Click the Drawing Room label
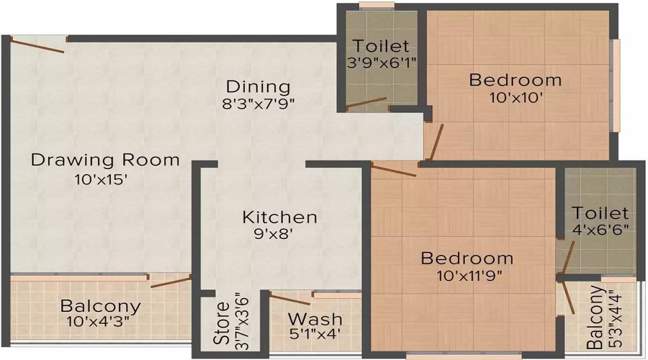(x=105, y=159)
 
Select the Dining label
(x=256, y=86)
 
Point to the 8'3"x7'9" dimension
(x=258, y=103)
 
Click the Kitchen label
(x=279, y=217)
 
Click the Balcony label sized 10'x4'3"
(x=100, y=305)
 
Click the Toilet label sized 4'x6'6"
(x=600, y=214)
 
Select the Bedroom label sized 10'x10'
(x=515, y=79)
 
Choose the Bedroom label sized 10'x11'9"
(x=467, y=258)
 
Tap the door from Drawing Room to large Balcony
(x=171, y=280)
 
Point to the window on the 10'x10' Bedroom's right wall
(x=616, y=85)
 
